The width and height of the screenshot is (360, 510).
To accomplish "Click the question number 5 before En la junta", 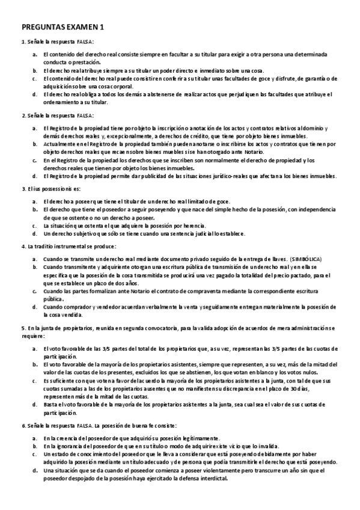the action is pos(23,327).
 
